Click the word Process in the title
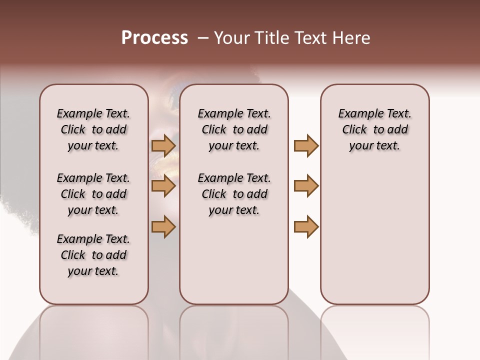(154, 37)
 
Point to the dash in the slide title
(203, 38)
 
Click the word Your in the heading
(231, 37)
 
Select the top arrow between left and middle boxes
(163, 146)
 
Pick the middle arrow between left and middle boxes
(163, 186)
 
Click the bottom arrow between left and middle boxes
(163, 226)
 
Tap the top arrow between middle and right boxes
(306, 146)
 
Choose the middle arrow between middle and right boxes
(306, 186)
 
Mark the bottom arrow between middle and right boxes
(306, 226)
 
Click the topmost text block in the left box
(93, 129)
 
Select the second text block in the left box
(93, 194)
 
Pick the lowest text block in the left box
(93, 255)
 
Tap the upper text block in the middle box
(234, 129)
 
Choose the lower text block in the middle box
(234, 194)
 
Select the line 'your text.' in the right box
(374, 145)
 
